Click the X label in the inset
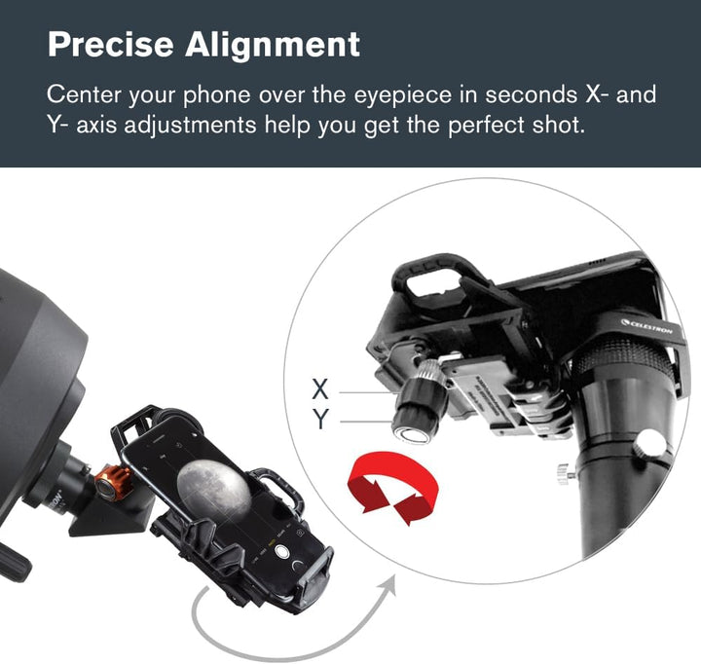pyautogui.click(x=320, y=389)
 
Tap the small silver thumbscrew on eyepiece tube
pyautogui.click(x=564, y=475)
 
